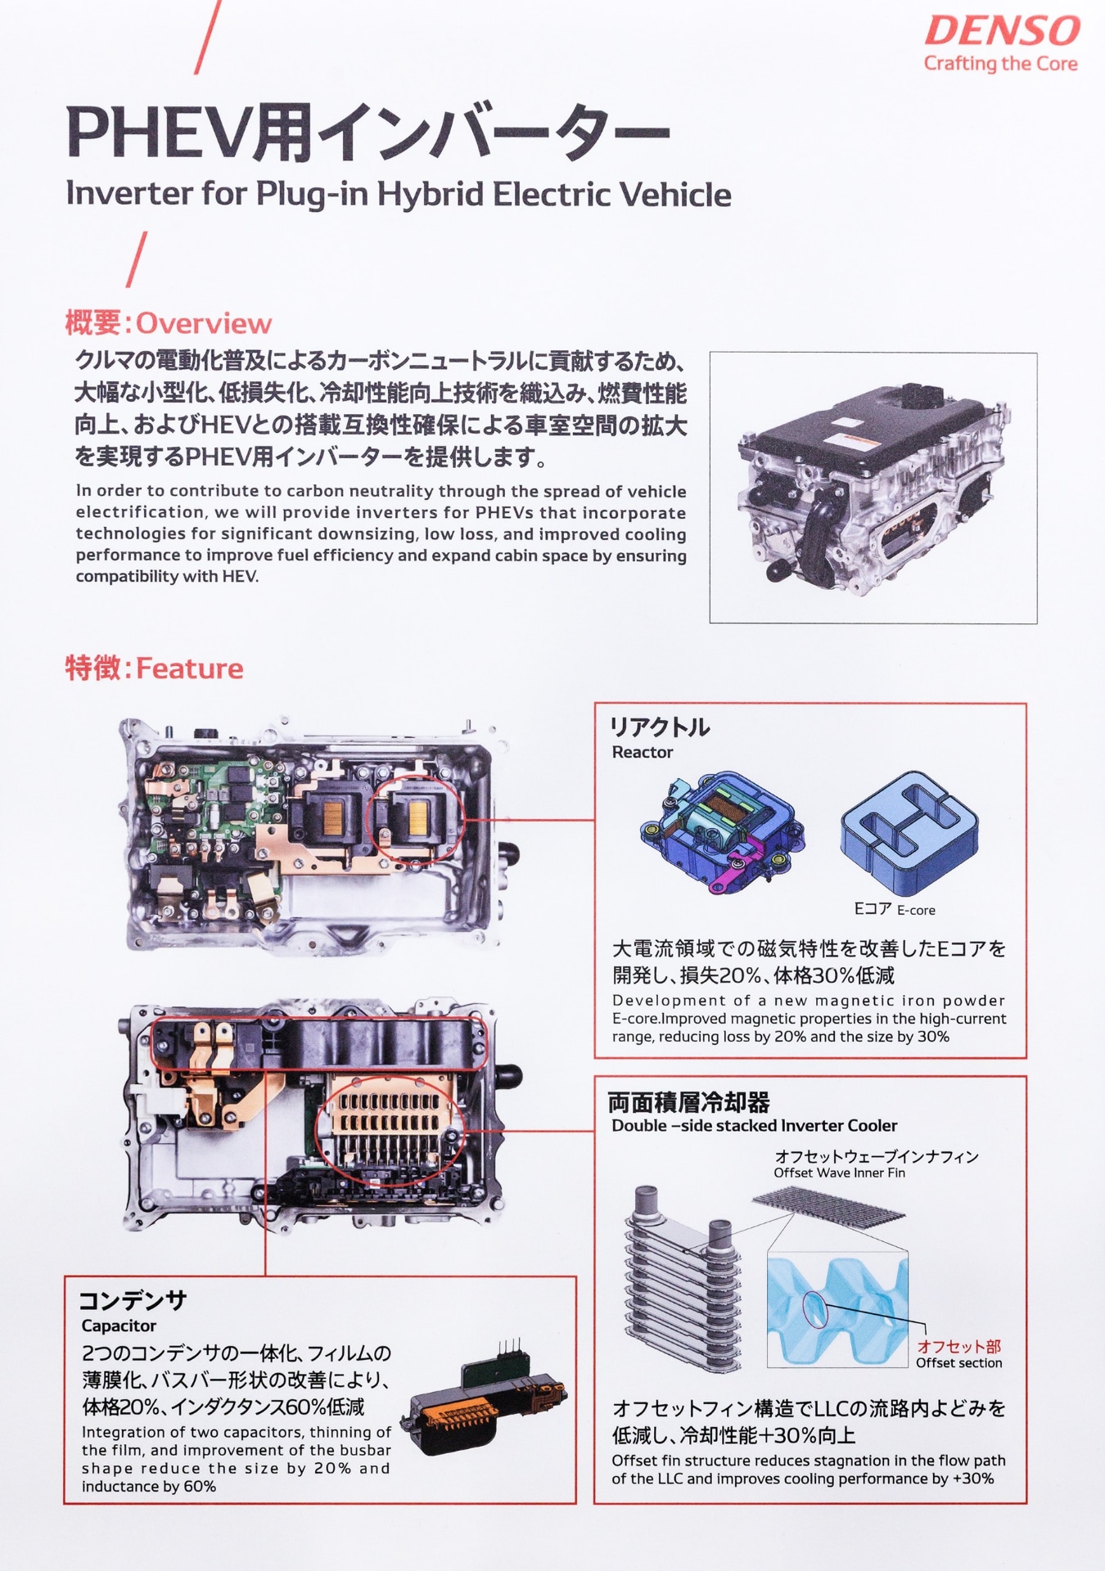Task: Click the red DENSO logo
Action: (x=1002, y=31)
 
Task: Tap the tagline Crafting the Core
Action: (x=1000, y=64)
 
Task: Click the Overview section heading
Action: (x=169, y=323)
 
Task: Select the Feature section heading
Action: (x=155, y=668)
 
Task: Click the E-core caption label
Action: (x=894, y=909)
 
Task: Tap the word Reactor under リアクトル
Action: (x=642, y=752)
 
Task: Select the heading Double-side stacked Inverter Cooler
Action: (x=754, y=1125)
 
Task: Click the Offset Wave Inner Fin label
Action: (x=839, y=1173)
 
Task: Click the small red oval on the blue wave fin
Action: (x=815, y=1308)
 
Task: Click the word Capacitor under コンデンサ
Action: (x=119, y=1325)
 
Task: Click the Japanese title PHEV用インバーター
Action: (x=368, y=133)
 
